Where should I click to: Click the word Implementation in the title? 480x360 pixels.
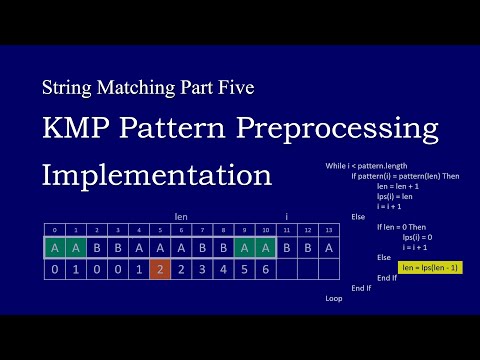pos(157,174)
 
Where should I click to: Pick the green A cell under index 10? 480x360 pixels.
pos(265,245)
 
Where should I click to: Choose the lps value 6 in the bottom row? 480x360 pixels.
pos(265,268)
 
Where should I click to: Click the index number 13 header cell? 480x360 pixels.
pos(329,229)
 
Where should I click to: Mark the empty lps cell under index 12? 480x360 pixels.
pos(308,268)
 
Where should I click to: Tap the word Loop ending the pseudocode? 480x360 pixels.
pos(334,298)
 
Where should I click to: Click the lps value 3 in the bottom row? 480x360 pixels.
pos(202,268)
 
